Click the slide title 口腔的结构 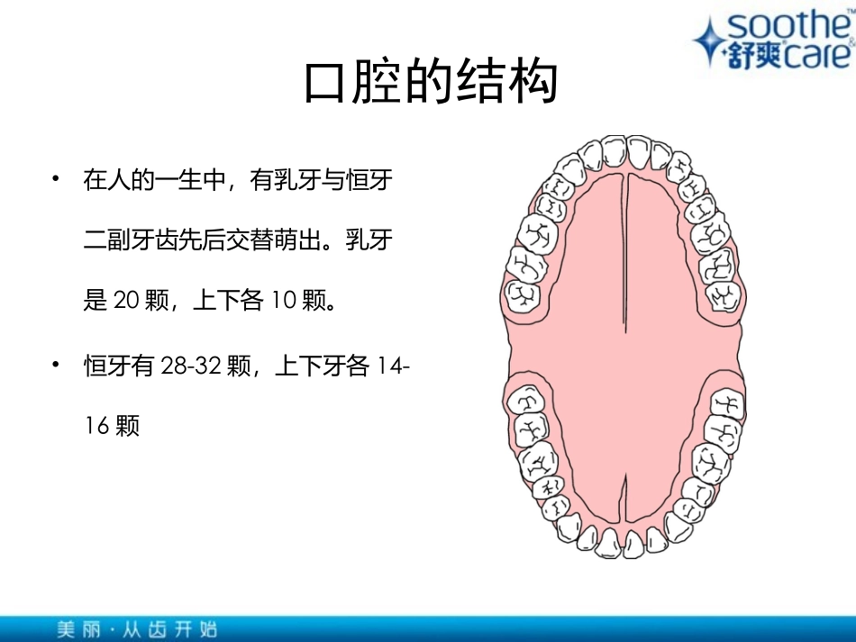tap(431, 83)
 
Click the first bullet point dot tap(57, 179)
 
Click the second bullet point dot tap(57, 365)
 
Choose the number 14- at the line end tap(396, 366)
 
